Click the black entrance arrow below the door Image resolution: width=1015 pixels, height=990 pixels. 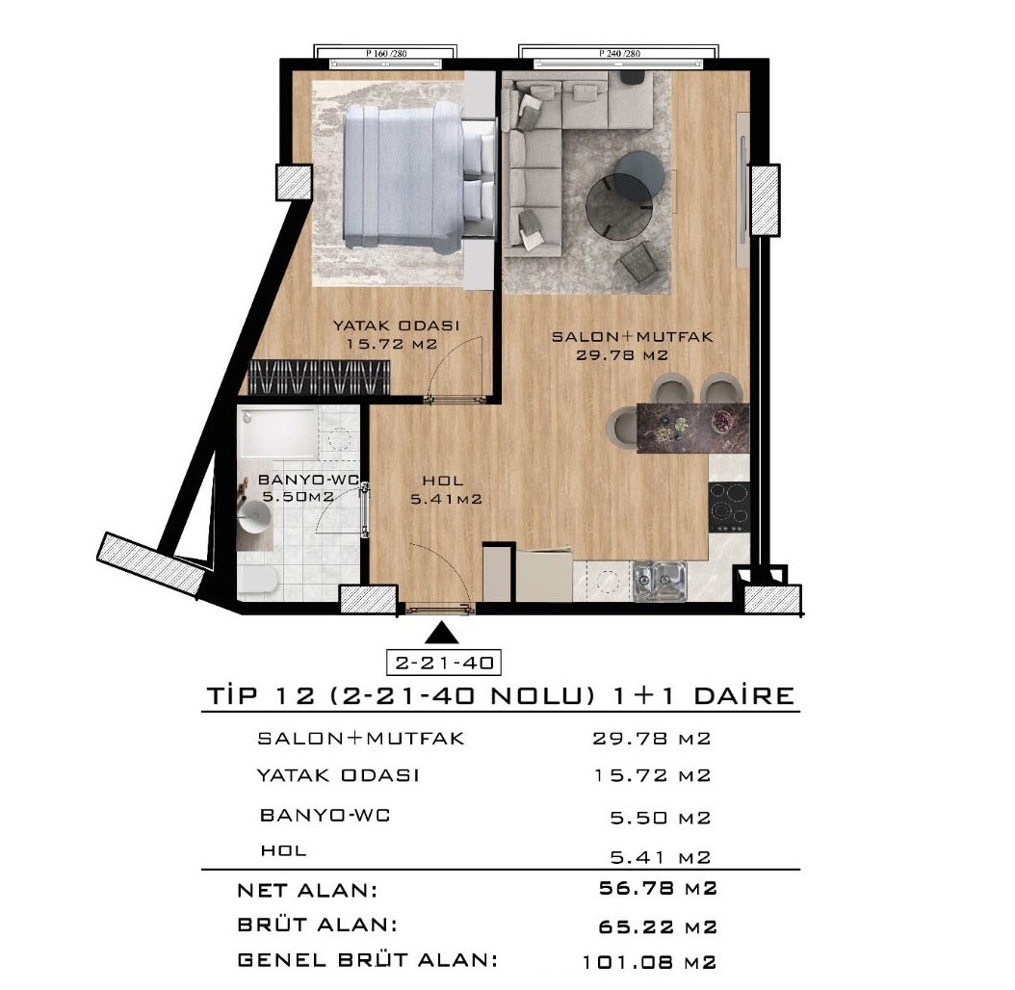coord(442,633)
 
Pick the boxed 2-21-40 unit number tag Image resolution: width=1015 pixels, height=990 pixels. coord(444,663)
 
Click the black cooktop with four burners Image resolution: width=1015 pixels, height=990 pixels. coord(730,507)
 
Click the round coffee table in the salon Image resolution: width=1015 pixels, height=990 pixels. coord(619,207)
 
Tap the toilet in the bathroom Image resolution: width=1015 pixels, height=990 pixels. coord(259,579)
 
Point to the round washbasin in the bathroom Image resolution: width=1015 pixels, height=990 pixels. coord(254,517)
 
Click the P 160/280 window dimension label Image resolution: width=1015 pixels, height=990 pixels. coord(386,53)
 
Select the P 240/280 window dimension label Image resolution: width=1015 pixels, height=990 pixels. coord(619,53)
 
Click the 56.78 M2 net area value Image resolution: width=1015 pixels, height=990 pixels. coord(658,888)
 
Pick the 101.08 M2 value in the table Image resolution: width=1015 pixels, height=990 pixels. coord(649,962)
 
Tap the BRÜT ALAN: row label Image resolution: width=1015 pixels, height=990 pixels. coord(317,924)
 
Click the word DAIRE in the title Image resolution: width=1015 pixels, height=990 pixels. coord(743,696)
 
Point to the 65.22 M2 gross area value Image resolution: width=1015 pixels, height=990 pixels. coord(658,926)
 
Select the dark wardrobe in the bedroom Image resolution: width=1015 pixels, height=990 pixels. coord(319,377)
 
